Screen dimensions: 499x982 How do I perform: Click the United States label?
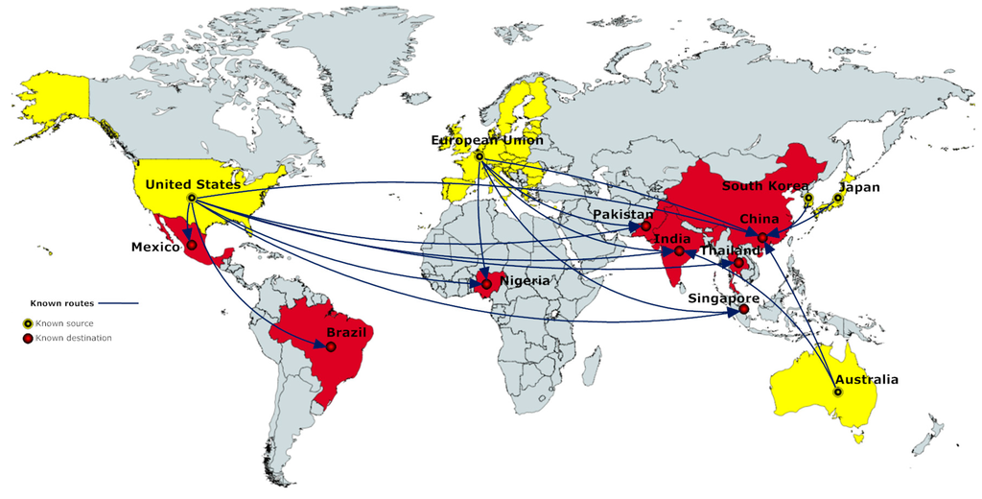[x=193, y=183]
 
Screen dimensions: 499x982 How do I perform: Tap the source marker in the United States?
[x=192, y=198]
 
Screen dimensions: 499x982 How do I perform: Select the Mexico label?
[x=155, y=248]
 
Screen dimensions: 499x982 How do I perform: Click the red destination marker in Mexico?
[x=192, y=245]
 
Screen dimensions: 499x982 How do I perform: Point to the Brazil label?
[x=346, y=332]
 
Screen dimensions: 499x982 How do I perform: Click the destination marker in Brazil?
[x=331, y=346]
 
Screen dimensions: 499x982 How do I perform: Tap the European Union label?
[x=487, y=140]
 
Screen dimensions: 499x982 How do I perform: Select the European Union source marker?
[x=479, y=154]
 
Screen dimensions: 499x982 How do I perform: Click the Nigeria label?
[x=525, y=281]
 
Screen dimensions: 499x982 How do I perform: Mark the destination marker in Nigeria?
[x=487, y=284]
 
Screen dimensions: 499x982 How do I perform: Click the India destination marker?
[x=679, y=251]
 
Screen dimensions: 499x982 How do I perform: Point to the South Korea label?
[x=765, y=186]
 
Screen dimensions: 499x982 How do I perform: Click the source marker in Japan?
[x=838, y=199]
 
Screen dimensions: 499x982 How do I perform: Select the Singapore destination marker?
[x=744, y=309]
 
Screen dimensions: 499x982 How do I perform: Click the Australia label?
[x=866, y=379]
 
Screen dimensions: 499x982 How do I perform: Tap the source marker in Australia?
[x=838, y=392]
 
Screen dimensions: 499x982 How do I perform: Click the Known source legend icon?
[x=29, y=323]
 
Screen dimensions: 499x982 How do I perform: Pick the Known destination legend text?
[x=74, y=338]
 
